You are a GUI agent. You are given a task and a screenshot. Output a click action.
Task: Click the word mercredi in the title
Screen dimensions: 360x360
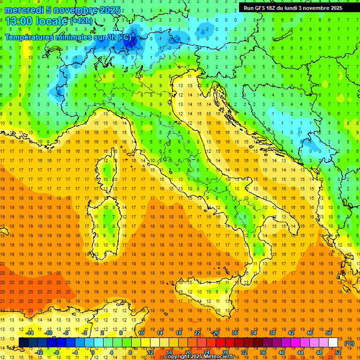click(23, 10)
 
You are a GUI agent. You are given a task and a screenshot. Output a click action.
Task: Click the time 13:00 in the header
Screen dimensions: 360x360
click(19, 21)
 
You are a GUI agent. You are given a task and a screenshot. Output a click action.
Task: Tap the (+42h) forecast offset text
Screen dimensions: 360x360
click(81, 21)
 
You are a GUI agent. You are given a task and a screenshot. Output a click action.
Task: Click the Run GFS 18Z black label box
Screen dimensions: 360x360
click(293, 7)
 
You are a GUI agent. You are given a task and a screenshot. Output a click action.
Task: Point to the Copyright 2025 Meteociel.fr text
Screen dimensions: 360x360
click(199, 356)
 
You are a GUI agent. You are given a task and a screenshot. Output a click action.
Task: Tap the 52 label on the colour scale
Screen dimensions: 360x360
click(338, 352)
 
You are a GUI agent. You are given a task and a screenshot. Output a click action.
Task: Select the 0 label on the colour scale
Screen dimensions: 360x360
click(93, 352)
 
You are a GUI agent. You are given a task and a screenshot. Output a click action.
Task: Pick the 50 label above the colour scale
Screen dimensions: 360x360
click(329, 333)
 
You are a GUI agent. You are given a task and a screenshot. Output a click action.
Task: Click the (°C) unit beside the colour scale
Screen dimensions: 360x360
click(349, 343)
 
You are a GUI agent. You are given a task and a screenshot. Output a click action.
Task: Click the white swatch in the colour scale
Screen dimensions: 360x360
click(333, 343)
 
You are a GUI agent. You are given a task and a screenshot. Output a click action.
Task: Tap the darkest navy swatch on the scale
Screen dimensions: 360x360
click(23, 343)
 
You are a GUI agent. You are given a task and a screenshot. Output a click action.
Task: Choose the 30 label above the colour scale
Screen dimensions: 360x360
click(235, 333)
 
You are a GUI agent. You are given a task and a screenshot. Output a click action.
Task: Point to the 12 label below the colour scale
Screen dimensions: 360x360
click(150, 352)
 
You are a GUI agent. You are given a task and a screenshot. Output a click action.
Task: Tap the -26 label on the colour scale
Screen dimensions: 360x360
click(215, 333)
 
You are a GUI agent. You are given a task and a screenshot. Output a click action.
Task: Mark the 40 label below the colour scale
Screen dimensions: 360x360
click(282, 352)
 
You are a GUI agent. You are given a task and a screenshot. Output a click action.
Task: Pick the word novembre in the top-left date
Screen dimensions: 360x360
click(74, 10)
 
